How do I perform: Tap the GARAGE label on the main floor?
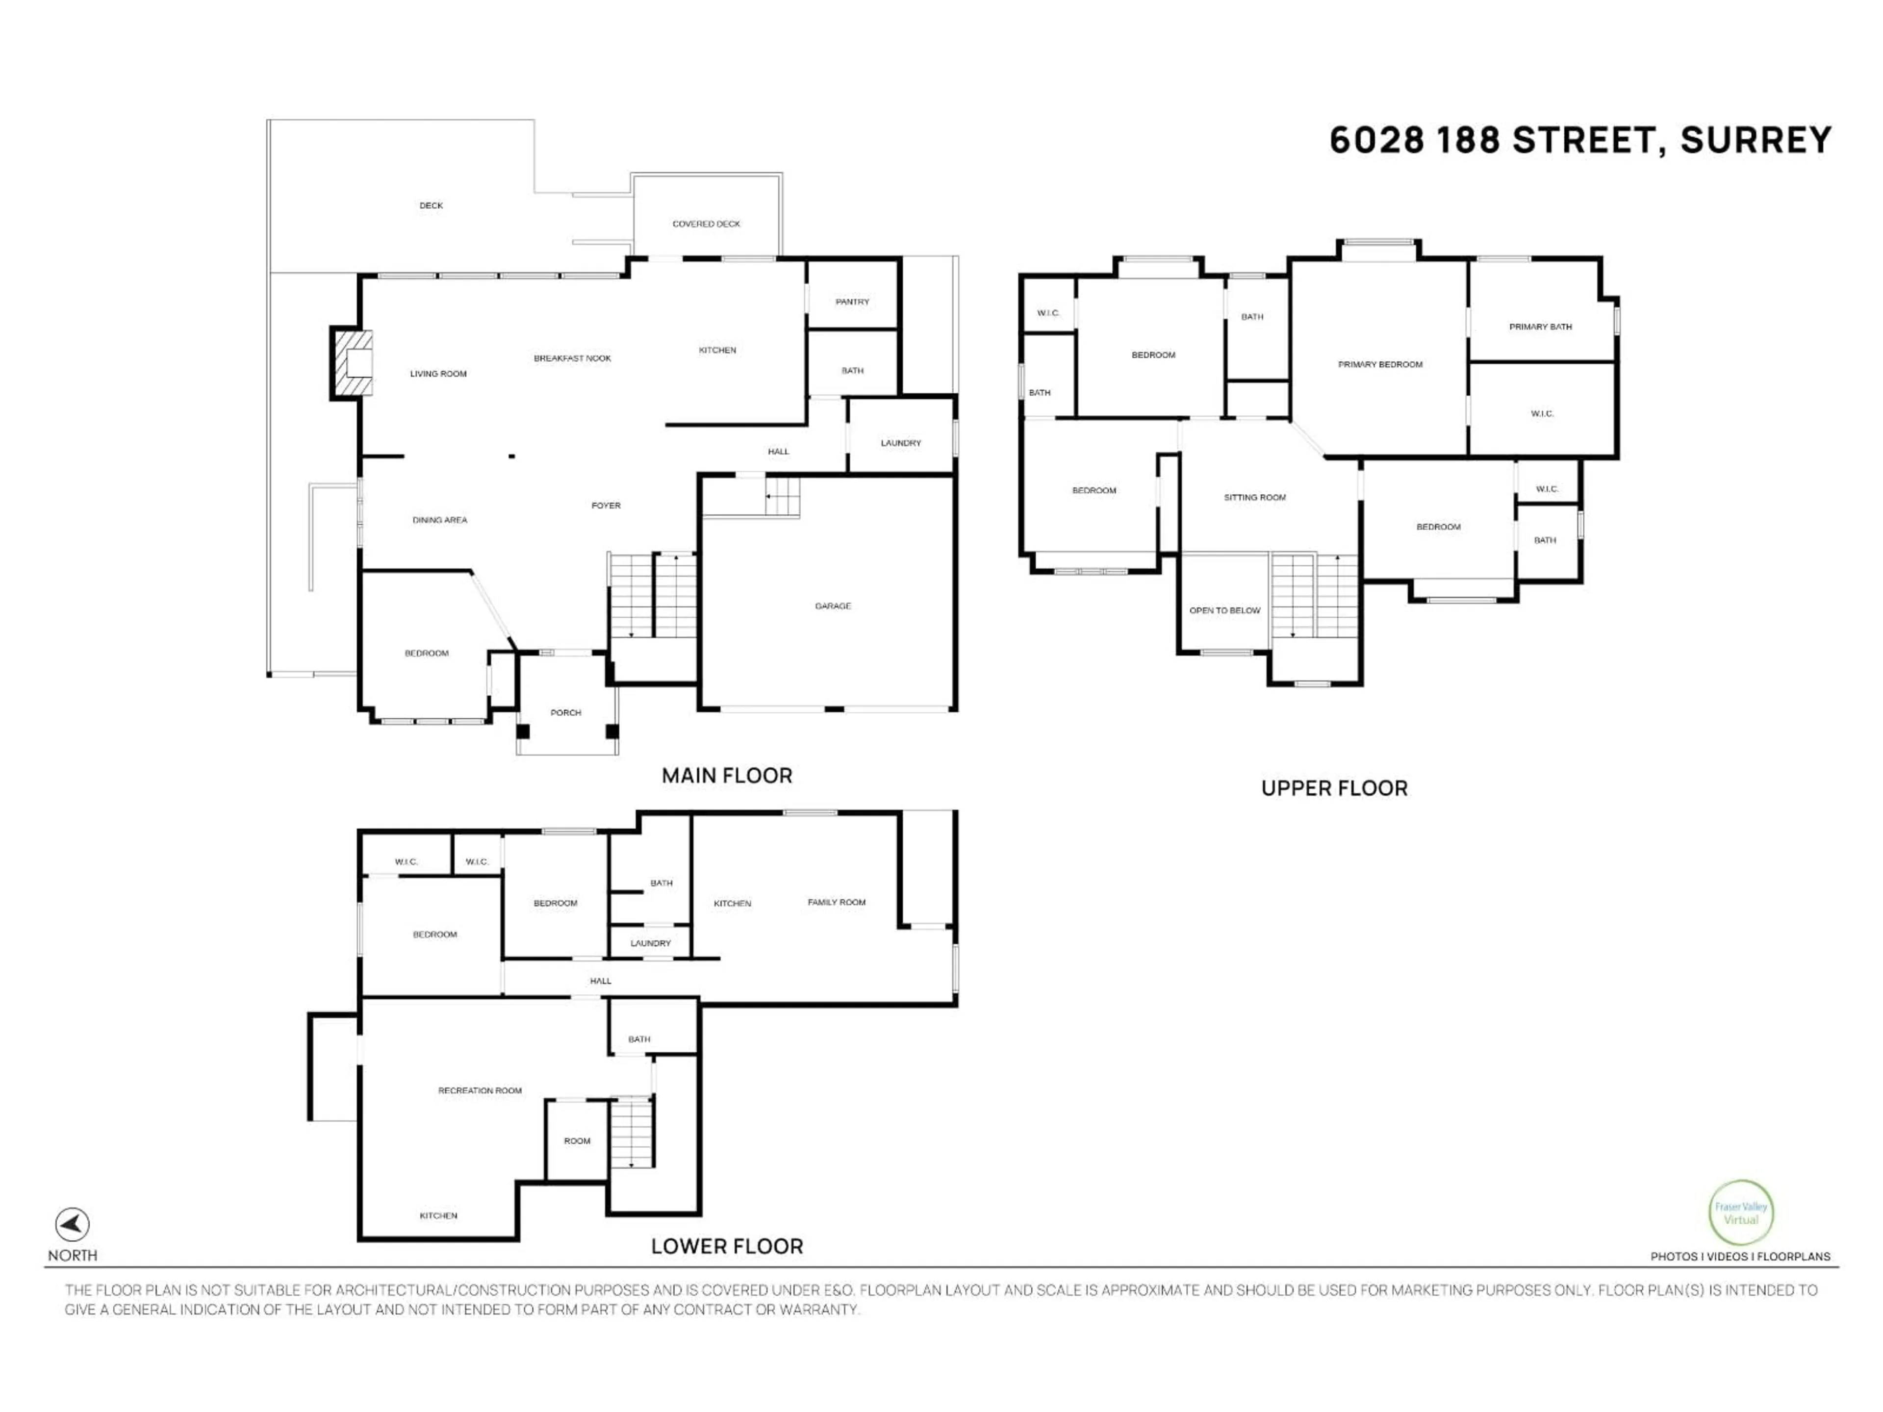[833, 606]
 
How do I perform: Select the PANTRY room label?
[852, 302]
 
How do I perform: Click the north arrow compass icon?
[73, 1225]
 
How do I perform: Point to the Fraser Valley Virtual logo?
[1741, 1213]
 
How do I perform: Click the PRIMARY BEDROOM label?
[1380, 364]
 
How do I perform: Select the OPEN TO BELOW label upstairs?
[1224, 610]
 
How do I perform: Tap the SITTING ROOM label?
[1255, 497]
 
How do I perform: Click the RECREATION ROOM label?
[480, 1090]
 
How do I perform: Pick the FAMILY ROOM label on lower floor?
[836, 902]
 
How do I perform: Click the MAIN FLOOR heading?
[727, 775]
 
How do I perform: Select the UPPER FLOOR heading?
[1334, 788]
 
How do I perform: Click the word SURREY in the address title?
[1756, 140]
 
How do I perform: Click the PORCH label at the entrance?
[565, 712]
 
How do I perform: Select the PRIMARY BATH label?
[1540, 327]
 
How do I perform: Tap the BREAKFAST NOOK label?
[572, 358]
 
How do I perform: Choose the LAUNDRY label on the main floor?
[901, 443]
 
